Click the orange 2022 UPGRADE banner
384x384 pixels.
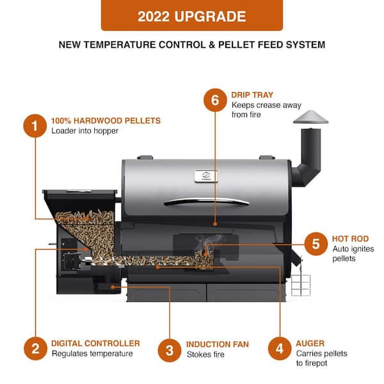coord(192,16)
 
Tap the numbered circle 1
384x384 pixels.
coord(35,126)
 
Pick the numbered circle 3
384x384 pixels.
coord(170,349)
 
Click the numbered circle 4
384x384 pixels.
coord(280,349)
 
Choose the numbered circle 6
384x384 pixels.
coord(215,100)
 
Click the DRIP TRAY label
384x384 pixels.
coord(253,95)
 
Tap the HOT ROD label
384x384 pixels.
coord(349,238)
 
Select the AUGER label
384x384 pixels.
coord(310,343)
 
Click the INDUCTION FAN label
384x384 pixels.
coord(218,344)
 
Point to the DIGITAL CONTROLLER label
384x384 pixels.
coord(95,343)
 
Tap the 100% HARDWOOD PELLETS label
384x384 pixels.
coord(106,120)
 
